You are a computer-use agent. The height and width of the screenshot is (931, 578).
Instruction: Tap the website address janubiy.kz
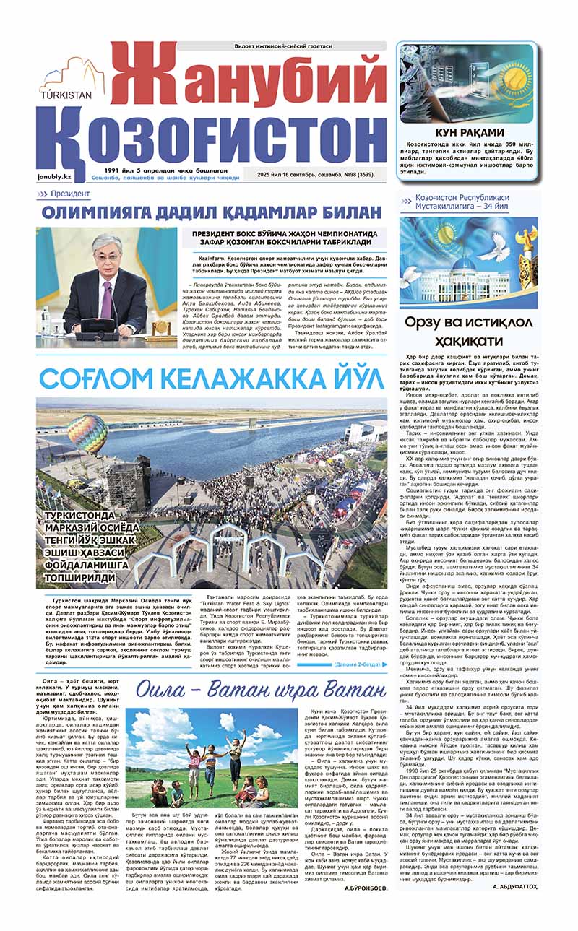[56, 176]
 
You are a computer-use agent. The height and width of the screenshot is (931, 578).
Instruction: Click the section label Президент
[70, 194]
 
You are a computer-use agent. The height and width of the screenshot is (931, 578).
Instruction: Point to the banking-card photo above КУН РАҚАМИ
[467, 85]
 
